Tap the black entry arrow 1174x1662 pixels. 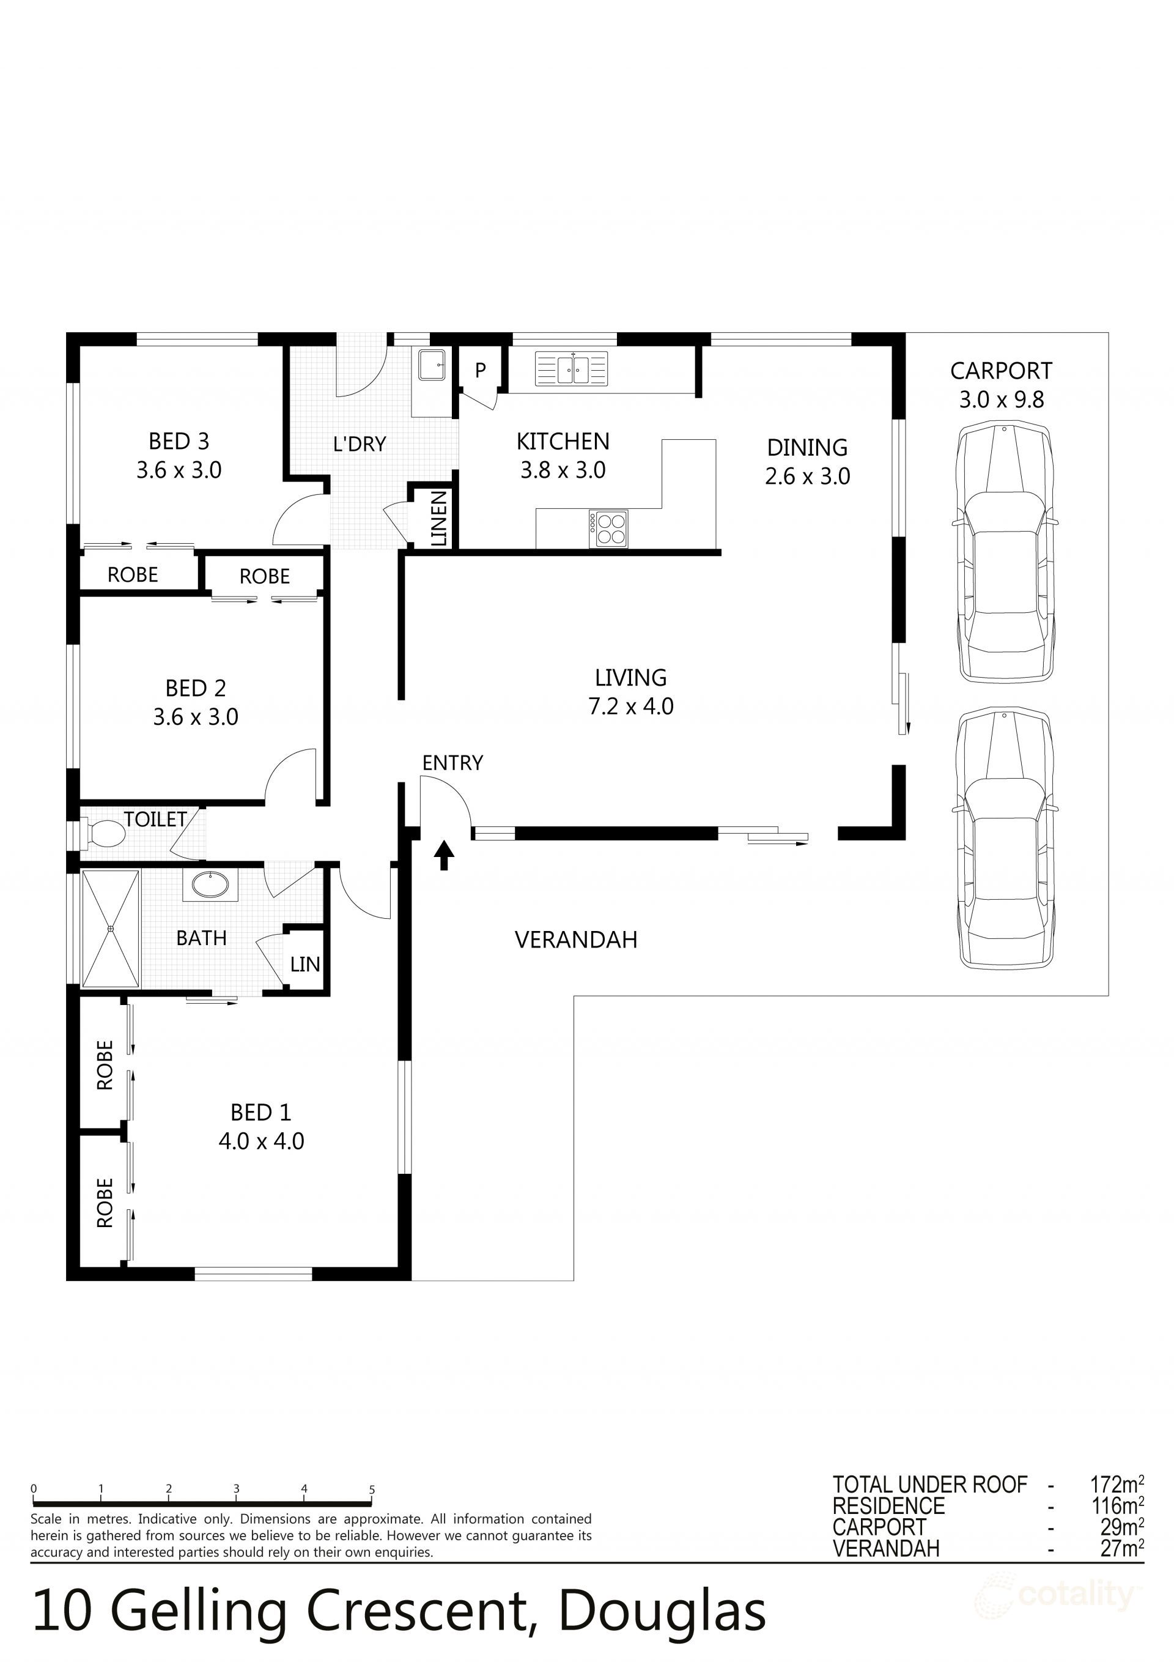(445, 855)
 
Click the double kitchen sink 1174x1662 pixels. (572, 368)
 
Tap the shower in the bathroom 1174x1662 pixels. (111, 929)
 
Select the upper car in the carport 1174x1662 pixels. (1004, 552)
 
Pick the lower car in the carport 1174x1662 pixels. (1004, 837)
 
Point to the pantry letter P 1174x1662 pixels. (480, 371)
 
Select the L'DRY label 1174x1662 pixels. (360, 443)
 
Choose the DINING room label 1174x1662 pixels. (807, 447)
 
